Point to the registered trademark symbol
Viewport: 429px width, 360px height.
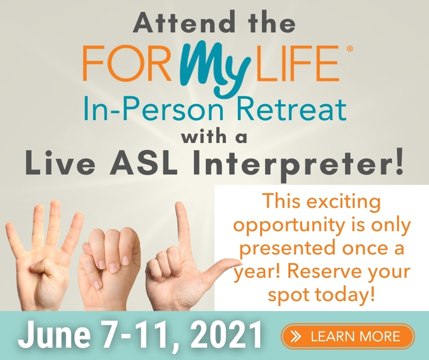(350, 49)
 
